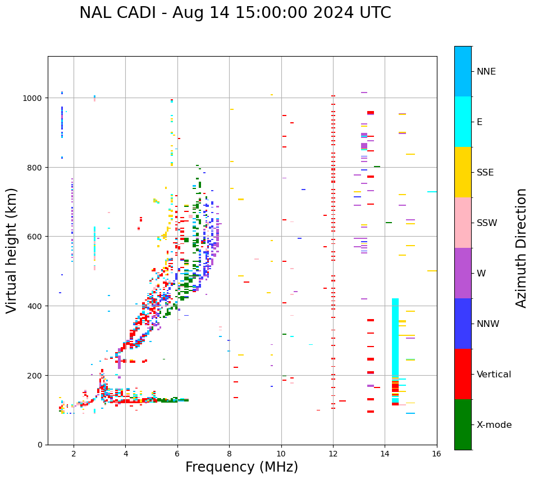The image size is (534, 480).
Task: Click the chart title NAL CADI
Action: point(235,13)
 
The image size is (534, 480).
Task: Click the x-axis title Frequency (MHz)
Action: point(241,467)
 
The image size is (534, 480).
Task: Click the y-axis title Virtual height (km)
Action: point(12,250)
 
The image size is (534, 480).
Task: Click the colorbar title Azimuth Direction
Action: point(522,248)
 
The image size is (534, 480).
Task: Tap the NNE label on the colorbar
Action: point(486,71)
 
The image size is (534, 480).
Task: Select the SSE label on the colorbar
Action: point(485,172)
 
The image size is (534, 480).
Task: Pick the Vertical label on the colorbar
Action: point(494,374)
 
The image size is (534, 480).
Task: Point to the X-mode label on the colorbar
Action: point(494,424)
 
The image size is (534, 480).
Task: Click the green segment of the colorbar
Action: point(463,424)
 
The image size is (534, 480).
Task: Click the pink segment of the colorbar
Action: point(463,223)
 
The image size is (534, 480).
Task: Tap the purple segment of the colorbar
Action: point(463,273)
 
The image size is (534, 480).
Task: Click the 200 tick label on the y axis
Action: point(37,375)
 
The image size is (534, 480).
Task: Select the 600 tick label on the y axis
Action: point(37,237)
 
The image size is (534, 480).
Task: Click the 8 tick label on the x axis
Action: point(229,455)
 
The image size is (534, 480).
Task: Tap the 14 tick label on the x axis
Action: point(385,455)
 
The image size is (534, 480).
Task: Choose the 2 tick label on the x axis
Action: point(74,455)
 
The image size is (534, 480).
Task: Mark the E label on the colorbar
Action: point(480,122)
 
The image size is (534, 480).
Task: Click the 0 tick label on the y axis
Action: point(42,445)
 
